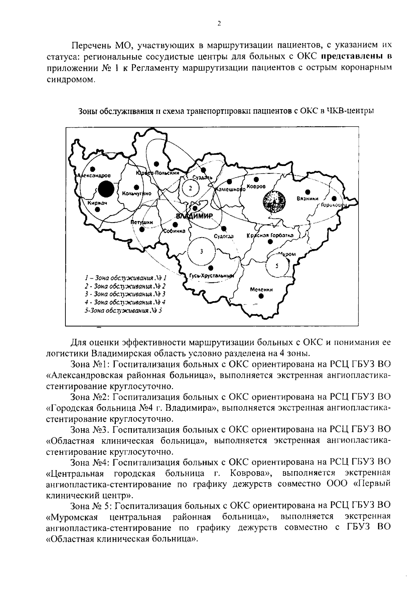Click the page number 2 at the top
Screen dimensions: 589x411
coord(219,23)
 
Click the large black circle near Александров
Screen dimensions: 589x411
coord(106,190)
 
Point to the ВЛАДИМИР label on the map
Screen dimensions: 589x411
coord(194,216)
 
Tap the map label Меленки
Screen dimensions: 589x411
coord(261,290)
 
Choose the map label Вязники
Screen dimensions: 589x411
coord(308,199)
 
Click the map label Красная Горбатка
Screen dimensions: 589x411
coord(270,235)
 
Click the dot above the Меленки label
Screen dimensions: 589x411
coord(261,296)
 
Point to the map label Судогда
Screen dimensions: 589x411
coord(224,236)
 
